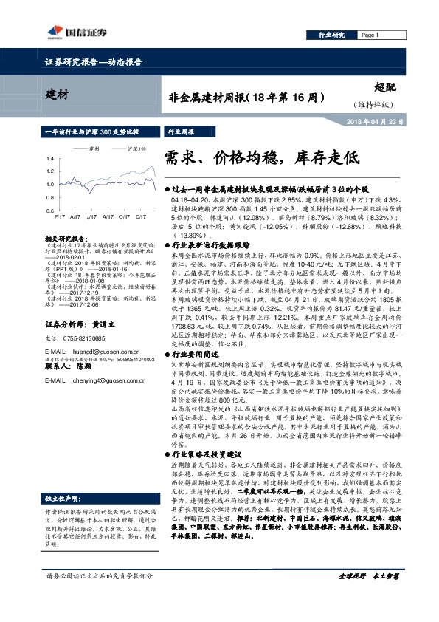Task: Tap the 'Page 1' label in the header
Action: tap(370, 35)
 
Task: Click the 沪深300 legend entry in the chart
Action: tap(134, 148)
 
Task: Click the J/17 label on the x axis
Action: tap(91, 217)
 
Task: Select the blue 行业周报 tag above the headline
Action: tap(181, 130)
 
